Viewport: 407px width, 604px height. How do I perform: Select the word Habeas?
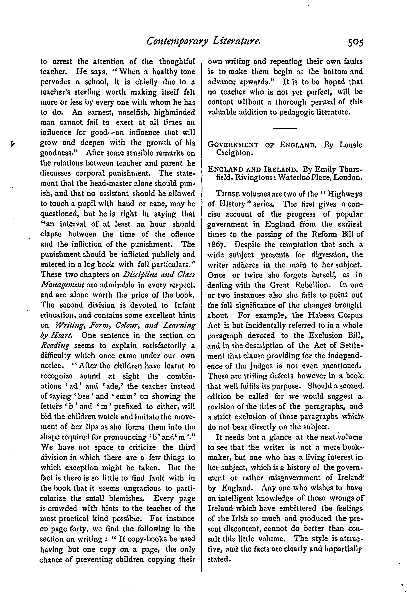322,315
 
